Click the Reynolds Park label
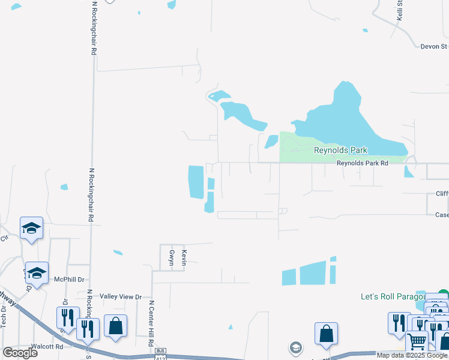340,150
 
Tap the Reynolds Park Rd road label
362,163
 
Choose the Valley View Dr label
121,296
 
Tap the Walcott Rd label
46,346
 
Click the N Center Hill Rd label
152,323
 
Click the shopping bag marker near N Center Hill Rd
115,326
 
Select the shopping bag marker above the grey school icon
326,334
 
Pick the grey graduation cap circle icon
295,347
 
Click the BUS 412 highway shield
160,355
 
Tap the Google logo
20,353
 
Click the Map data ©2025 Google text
412,355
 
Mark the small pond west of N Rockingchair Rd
64,187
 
